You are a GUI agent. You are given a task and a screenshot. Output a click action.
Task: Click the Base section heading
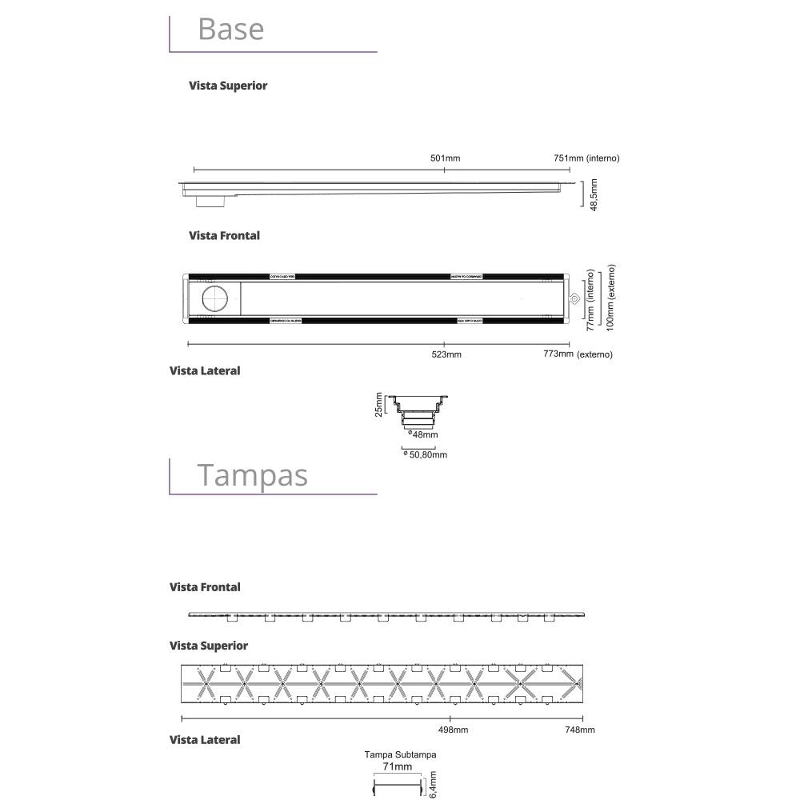coord(230,29)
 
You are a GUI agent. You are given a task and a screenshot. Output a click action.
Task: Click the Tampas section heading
coord(252,474)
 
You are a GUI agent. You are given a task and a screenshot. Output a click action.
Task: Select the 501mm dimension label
coord(446,158)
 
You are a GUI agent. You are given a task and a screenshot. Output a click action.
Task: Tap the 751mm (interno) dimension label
coord(586,158)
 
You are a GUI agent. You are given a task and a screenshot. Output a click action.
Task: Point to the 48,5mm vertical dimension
coord(594,194)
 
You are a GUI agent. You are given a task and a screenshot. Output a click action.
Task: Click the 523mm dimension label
coord(446,354)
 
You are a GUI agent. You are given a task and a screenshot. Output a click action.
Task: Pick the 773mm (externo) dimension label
coord(577,354)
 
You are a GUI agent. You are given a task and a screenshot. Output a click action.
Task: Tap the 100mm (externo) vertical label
coord(612,298)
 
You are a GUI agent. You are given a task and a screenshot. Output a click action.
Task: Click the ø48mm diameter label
coord(423,434)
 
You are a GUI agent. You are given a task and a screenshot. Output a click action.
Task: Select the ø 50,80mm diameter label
coord(426,454)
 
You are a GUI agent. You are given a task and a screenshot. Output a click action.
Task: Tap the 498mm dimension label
coord(454,730)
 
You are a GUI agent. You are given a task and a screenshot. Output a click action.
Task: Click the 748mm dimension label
coord(580,730)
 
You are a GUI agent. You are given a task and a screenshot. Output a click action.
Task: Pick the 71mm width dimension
coord(398,766)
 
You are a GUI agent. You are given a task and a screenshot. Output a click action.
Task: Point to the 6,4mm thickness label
coord(433,785)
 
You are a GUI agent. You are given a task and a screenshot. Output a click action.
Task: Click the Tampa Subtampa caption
coord(400,754)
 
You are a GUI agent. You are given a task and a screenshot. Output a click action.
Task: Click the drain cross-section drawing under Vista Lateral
coord(418,410)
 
